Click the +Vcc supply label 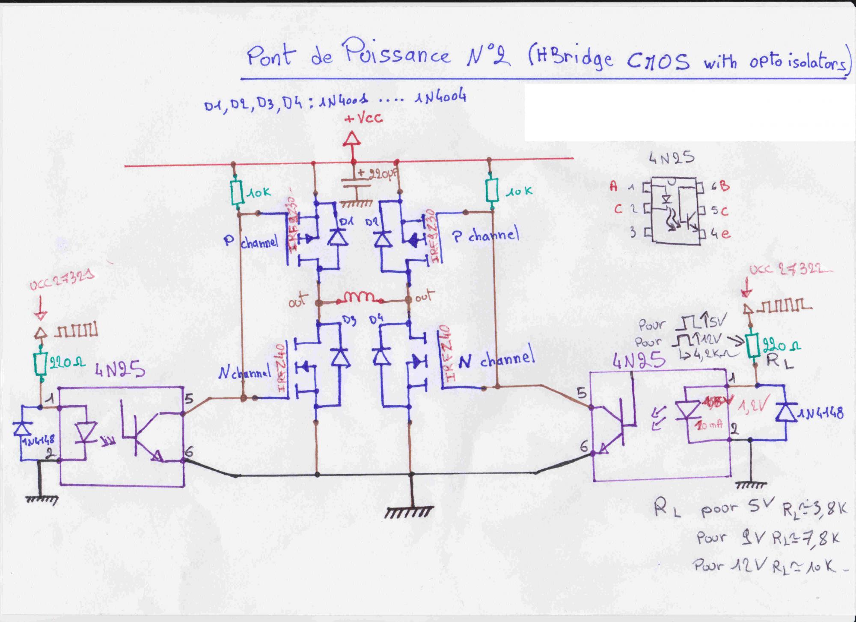click(364, 119)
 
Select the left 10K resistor click(236, 193)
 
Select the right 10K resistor click(493, 191)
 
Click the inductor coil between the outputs click(357, 298)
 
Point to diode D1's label click(345, 222)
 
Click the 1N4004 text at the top click(440, 98)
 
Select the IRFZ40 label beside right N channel click(446, 352)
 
